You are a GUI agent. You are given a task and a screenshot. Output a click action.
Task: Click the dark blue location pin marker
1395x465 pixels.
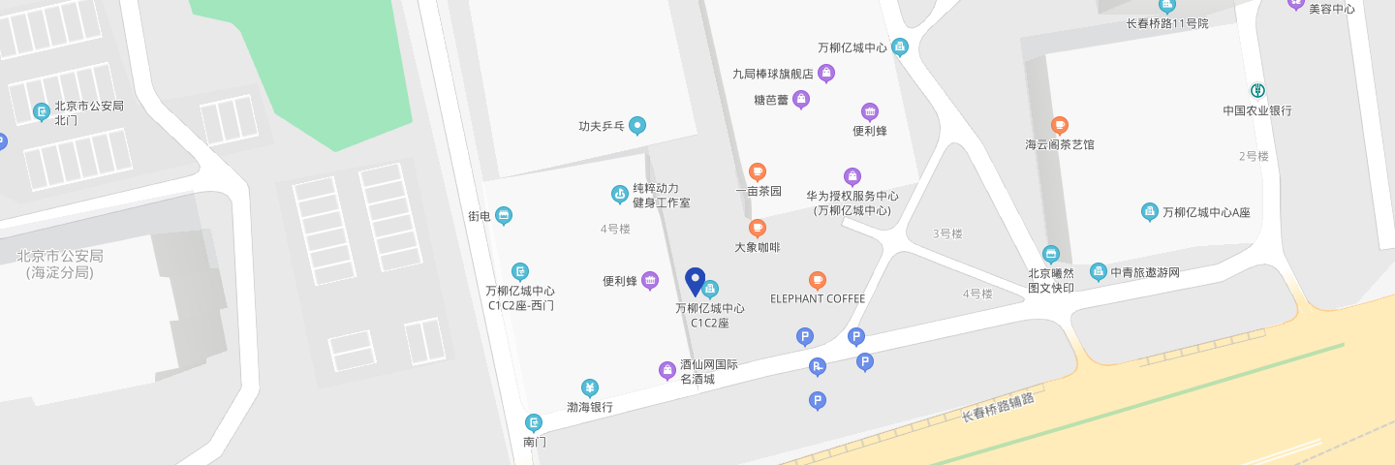pos(695,281)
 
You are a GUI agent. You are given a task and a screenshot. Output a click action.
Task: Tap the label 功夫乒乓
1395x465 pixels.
pos(601,126)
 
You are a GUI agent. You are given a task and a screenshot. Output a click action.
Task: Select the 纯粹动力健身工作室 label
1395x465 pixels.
pos(661,196)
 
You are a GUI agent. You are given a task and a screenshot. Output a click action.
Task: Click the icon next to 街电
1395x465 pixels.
pos(504,215)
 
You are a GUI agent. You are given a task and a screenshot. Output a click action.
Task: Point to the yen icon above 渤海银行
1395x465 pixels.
pos(589,387)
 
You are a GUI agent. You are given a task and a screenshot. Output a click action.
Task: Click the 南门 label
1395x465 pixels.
pos(535,442)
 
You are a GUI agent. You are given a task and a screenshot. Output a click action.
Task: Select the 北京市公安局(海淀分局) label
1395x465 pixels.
pos(60,263)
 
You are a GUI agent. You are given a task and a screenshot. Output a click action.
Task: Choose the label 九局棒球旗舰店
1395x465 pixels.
pos(772,73)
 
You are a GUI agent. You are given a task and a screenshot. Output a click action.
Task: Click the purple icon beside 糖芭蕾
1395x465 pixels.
pos(801,98)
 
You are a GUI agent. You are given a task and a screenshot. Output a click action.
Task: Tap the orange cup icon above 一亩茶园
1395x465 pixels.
pos(758,171)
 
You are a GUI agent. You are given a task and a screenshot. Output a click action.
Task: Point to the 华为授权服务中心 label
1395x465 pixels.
pos(852,202)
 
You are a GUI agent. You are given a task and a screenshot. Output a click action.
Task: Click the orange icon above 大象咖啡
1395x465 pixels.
pos(758,228)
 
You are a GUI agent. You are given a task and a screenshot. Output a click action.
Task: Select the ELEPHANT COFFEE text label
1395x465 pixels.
pos(817,298)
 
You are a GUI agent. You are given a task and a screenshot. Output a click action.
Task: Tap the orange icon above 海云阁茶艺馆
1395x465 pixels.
pos(1060,125)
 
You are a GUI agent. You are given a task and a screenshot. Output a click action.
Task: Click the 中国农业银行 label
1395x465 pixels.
pos(1256,110)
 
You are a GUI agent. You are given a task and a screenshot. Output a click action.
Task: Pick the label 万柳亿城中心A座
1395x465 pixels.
pos(1206,212)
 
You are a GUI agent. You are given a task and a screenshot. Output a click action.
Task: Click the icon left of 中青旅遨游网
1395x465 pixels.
pos(1098,271)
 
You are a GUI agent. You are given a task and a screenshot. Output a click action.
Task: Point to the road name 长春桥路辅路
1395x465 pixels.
pos(998,408)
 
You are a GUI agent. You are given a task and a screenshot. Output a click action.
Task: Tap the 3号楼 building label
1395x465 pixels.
pos(946,233)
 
